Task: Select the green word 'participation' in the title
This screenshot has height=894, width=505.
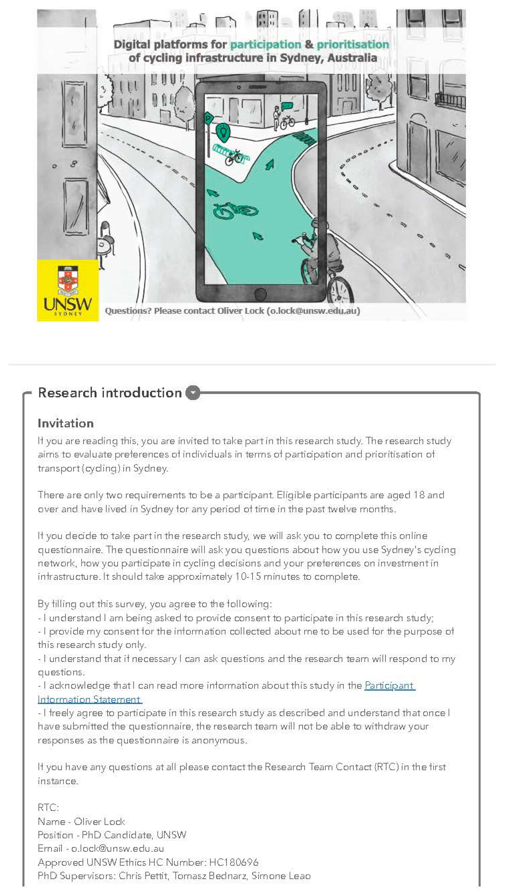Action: point(266,44)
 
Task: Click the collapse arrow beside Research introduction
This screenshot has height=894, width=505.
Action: point(193,393)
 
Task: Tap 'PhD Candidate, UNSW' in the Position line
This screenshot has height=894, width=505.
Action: point(134,835)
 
